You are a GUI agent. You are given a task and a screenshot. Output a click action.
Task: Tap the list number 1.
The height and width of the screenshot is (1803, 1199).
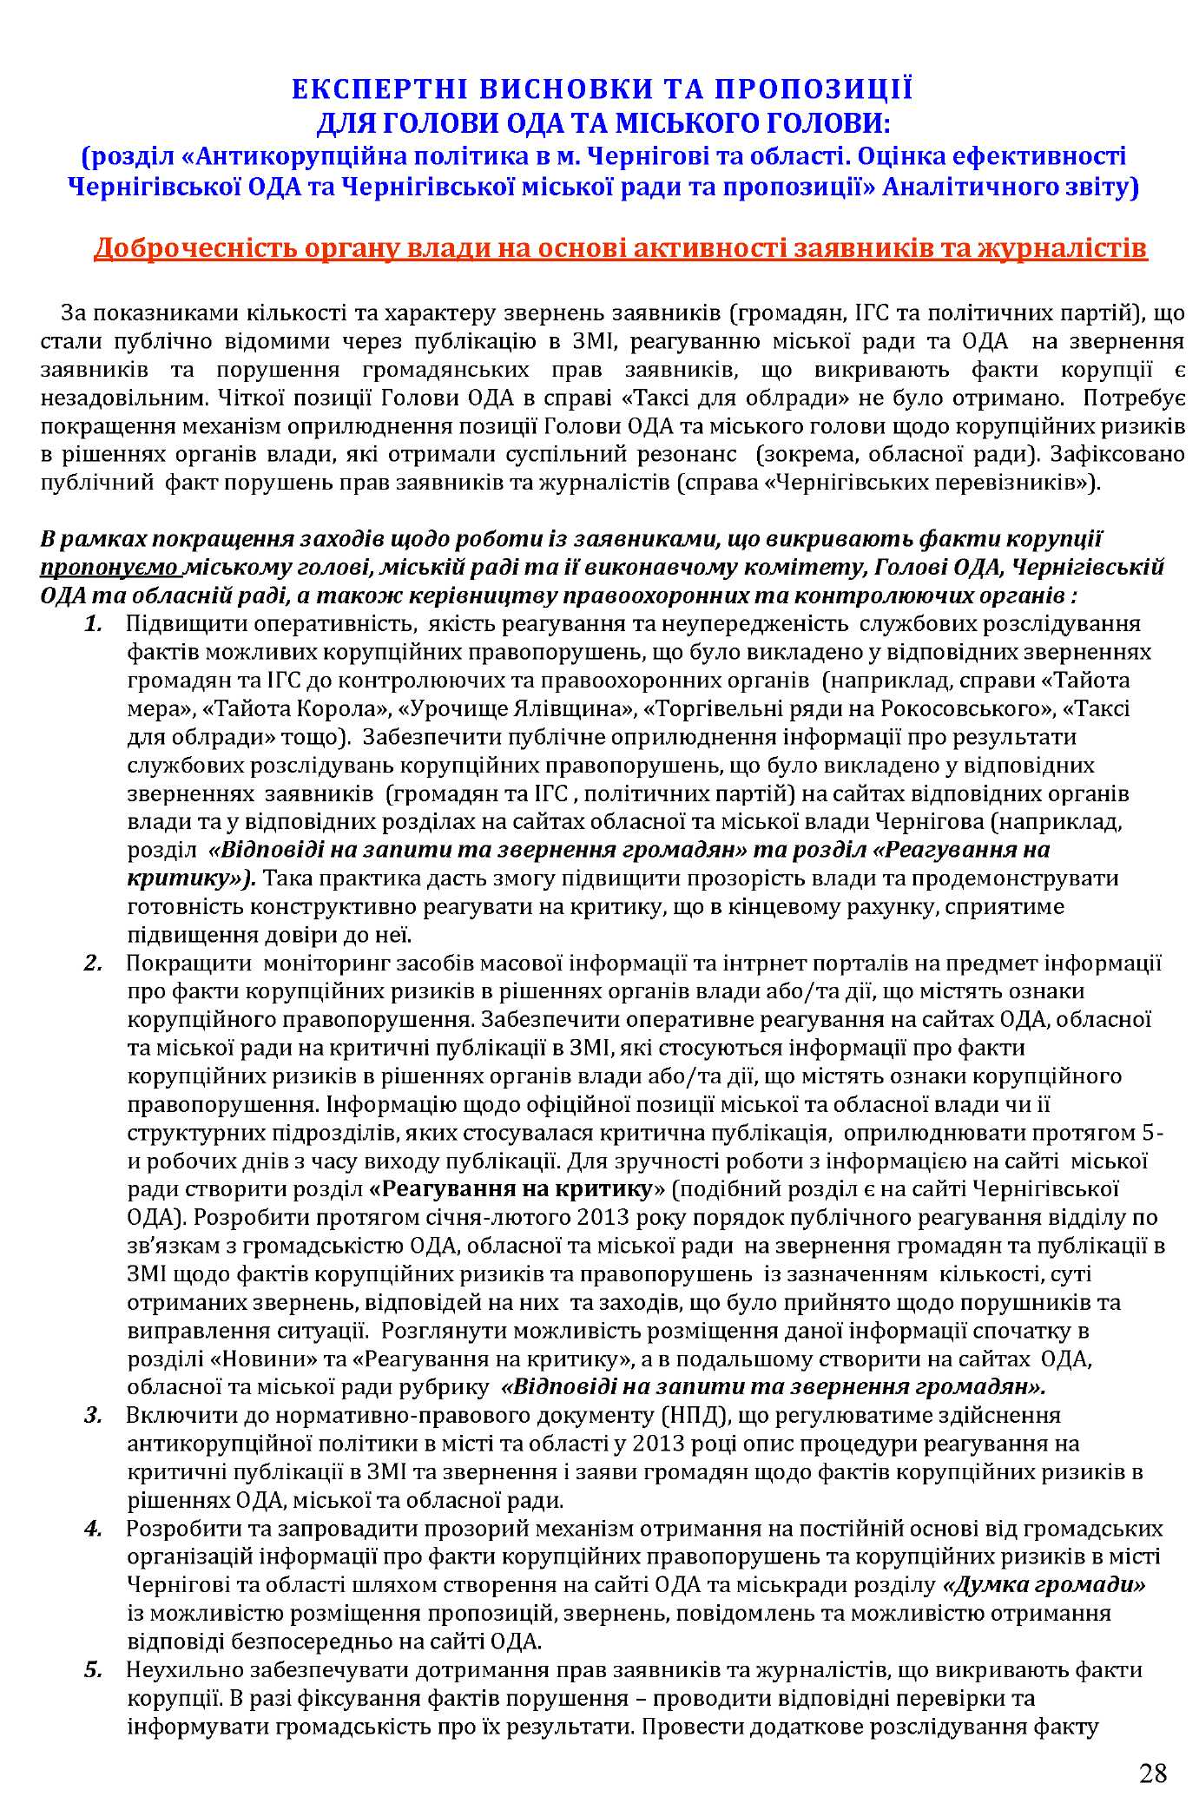pos(94,624)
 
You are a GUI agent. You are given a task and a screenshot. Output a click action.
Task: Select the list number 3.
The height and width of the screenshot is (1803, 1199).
pos(94,1416)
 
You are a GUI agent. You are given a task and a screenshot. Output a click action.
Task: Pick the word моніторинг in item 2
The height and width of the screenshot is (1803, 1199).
pos(324,964)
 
